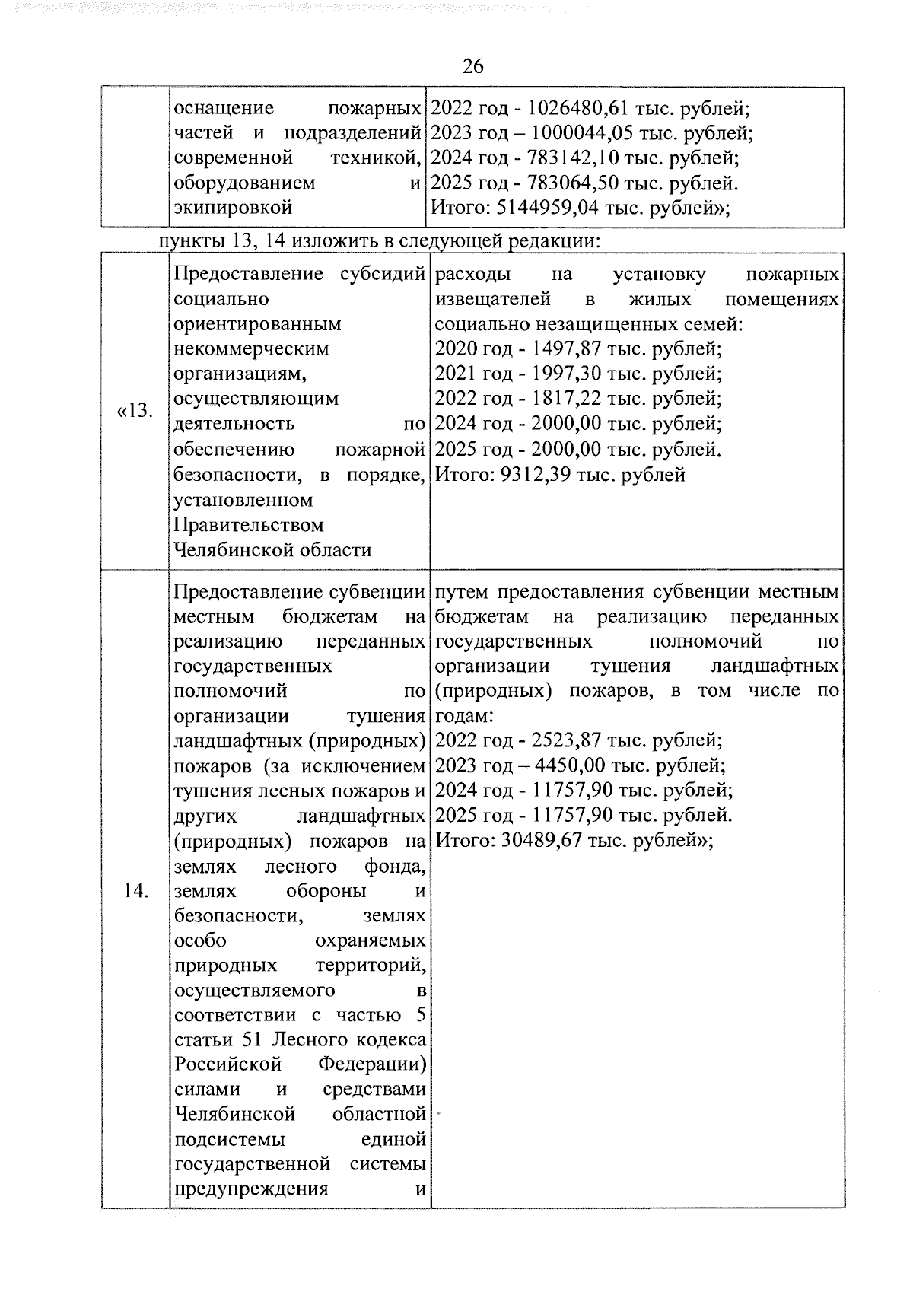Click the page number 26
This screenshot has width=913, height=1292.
[x=472, y=66]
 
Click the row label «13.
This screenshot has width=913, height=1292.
[x=135, y=412]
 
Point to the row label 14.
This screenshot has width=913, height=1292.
[x=135, y=891]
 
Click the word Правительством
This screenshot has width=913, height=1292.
[x=249, y=525]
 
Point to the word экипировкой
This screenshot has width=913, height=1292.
[x=234, y=208]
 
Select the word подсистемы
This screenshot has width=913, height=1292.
[x=231, y=1140]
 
